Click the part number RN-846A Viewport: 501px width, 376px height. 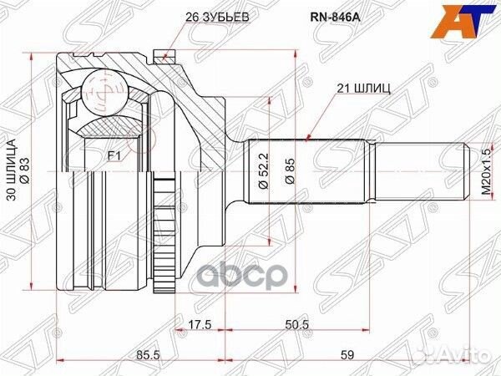pyautogui.click(x=335, y=17)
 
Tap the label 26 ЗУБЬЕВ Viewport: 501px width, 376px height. pyautogui.click(x=216, y=18)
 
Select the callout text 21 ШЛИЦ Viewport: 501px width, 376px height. pyautogui.click(x=363, y=89)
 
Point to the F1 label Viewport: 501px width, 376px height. pyautogui.click(x=114, y=156)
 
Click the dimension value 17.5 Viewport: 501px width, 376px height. pyautogui.click(x=200, y=327)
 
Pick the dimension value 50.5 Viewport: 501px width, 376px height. pyautogui.click(x=297, y=327)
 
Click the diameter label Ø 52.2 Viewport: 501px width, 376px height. pyautogui.click(x=263, y=170)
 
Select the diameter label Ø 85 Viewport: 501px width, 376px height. pyautogui.click(x=290, y=170)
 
